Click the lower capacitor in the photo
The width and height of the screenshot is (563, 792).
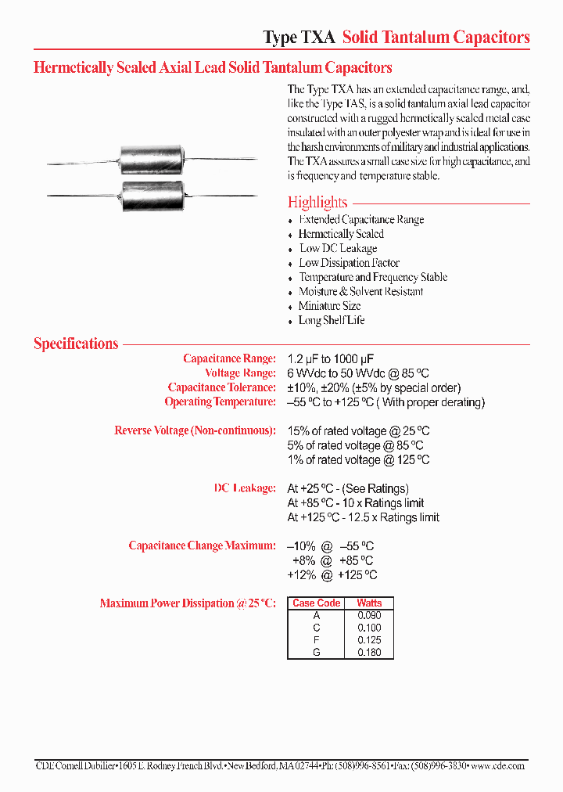(x=154, y=194)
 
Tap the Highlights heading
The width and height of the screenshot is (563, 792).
(x=317, y=202)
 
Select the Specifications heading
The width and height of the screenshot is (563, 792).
(x=76, y=344)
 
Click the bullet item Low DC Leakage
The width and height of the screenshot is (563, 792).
(x=337, y=249)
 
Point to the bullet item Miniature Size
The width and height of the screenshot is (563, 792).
(x=329, y=306)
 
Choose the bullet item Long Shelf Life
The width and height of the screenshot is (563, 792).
(x=331, y=320)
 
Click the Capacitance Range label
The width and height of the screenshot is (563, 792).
(x=229, y=358)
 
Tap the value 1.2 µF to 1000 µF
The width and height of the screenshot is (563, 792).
(x=336, y=358)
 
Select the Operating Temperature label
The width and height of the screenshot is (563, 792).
(x=220, y=402)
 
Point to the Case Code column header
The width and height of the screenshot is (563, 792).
(x=316, y=603)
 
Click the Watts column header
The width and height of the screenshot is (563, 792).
(x=369, y=603)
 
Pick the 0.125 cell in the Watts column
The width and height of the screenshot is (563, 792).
(x=369, y=640)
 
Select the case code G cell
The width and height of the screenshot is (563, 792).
(x=316, y=652)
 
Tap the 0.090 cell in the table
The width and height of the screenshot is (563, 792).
(x=369, y=615)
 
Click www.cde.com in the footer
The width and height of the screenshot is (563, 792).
(x=499, y=765)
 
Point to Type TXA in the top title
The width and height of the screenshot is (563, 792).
(x=299, y=38)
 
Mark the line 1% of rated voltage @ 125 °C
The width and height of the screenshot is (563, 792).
(x=358, y=460)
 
